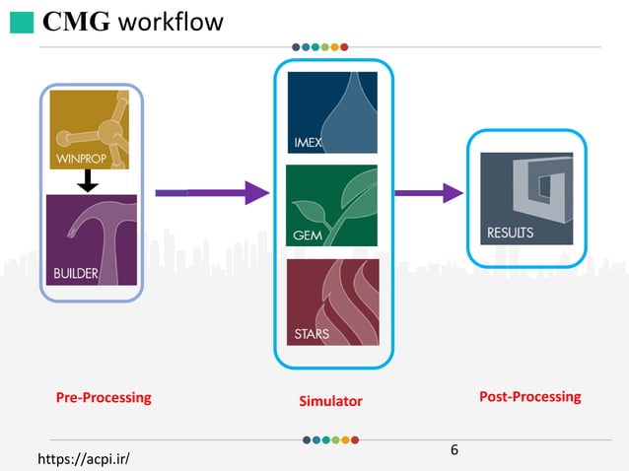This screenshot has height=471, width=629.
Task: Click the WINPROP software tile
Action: (x=90, y=129)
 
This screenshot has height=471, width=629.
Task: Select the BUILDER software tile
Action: (x=90, y=239)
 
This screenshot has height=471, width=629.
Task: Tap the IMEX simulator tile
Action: (x=332, y=112)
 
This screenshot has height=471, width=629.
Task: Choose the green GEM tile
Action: (x=332, y=205)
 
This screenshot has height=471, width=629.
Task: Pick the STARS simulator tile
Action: (x=332, y=302)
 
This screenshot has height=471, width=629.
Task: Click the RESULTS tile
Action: (x=525, y=198)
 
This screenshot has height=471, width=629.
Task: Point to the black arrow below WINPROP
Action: (x=87, y=181)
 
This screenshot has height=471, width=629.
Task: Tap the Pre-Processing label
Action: (x=104, y=398)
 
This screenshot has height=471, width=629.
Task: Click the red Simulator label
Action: (x=330, y=401)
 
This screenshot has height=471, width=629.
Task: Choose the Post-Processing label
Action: (x=529, y=397)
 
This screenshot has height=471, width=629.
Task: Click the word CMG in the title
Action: (x=76, y=22)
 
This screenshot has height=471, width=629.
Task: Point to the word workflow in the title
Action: (x=170, y=22)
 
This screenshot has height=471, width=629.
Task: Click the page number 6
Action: (x=454, y=450)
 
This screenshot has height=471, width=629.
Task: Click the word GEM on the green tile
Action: (x=307, y=235)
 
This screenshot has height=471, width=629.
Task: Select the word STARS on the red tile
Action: (x=312, y=334)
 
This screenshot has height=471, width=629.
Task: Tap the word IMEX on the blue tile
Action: (x=309, y=143)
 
